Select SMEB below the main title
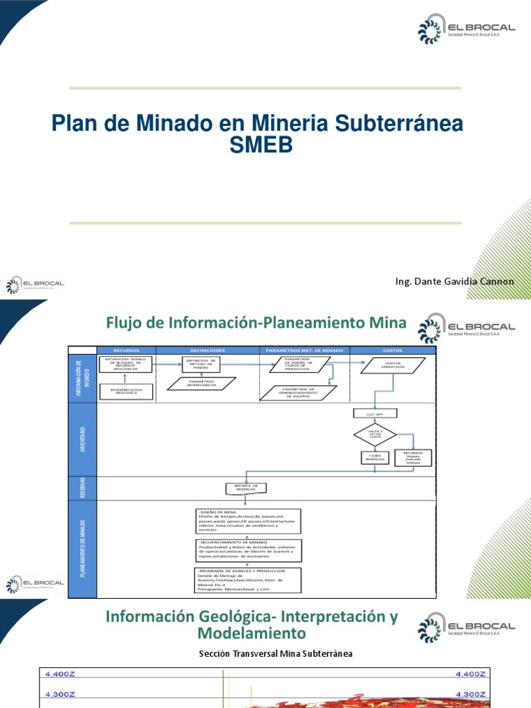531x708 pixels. click(259, 145)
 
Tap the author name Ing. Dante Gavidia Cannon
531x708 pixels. click(454, 281)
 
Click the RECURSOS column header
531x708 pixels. click(127, 351)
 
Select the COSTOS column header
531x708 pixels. click(392, 351)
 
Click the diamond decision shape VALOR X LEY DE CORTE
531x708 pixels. click(375, 435)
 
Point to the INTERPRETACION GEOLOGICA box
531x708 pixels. click(127, 391)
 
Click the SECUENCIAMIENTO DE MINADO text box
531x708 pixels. click(247, 550)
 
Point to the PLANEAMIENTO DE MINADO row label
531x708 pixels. click(83, 548)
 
